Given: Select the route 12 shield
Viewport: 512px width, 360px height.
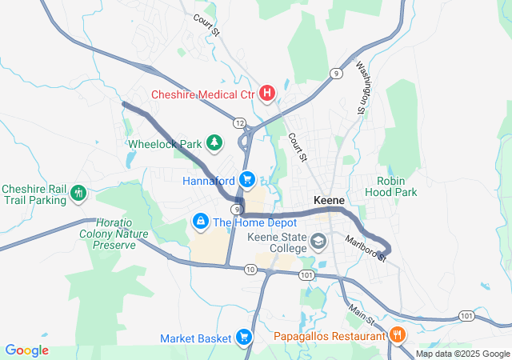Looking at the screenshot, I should coord(240,122).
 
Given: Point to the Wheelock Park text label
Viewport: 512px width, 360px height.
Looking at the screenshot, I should coord(165,144).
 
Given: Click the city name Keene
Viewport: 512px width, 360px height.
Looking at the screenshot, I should coord(330,199).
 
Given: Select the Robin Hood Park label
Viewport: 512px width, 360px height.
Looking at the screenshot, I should coord(391,186).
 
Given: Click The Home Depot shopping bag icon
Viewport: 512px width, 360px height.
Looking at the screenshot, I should coord(200,220).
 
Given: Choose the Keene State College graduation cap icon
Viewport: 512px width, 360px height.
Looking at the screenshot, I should coord(318,241).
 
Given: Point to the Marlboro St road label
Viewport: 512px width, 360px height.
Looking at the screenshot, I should coord(370,247).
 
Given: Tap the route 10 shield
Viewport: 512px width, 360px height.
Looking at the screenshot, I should coord(251,270).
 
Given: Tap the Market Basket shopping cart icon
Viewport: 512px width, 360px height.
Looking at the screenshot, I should coord(245,338).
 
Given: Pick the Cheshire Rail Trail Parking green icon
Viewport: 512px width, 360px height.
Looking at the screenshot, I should coord(78,193).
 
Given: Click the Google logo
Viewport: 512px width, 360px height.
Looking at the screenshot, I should coord(26,350).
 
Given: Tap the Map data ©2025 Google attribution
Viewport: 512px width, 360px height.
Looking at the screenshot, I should coord(462,354).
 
